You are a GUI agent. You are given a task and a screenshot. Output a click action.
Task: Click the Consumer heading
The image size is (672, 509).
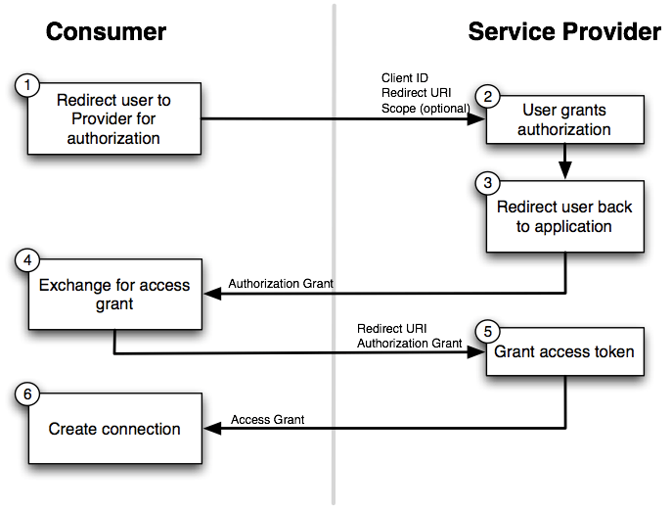pyautogui.click(x=106, y=31)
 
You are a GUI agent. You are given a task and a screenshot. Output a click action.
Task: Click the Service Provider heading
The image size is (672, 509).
pyautogui.click(x=564, y=31)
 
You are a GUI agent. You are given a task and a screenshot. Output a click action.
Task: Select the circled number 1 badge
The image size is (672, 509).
pyautogui.click(x=27, y=85)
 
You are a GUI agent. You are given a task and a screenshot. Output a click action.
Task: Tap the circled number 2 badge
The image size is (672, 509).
pyautogui.click(x=487, y=96)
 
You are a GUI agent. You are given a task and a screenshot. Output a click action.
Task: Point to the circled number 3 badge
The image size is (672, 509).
pyautogui.click(x=487, y=183)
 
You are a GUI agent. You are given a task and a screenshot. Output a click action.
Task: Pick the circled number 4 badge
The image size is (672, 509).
pyautogui.click(x=27, y=261)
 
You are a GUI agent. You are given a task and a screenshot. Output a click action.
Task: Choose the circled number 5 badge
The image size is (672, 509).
pyautogui.click(x=487, y=329)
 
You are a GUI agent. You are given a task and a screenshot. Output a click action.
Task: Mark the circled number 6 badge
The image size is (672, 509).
pyautogui.click(x=27, y=395)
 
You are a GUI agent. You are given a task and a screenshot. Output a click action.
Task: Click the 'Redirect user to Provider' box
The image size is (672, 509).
pyautogui.click(x=114, y=119)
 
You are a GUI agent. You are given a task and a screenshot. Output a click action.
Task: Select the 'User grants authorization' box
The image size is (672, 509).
pyautogui.click(x=565, y=119)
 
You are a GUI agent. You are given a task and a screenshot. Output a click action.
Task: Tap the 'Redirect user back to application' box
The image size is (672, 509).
pyautogui.click(x=565, y=217)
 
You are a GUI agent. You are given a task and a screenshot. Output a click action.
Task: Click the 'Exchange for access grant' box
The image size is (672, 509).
pyautogui.click(x=114, y=295)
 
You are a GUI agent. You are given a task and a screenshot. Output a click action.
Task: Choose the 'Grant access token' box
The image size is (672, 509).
pyautogui.click(x=565, y=351)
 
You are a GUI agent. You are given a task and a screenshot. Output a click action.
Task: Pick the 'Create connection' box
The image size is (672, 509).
pyautogui.click(x=114, y=429)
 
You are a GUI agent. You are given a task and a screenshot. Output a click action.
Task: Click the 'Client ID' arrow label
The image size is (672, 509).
pyautogui.click(x=404, y=77)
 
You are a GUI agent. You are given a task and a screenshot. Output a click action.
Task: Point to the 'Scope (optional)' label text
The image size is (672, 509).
pyautogui.click(x=426, y=107)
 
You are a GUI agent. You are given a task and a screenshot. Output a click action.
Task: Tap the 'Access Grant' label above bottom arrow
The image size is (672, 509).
pyautogui.click(x=267, y=419)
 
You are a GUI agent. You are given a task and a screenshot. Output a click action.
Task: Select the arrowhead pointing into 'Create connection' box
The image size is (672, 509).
pyautogui.click(x=209, y=429)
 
